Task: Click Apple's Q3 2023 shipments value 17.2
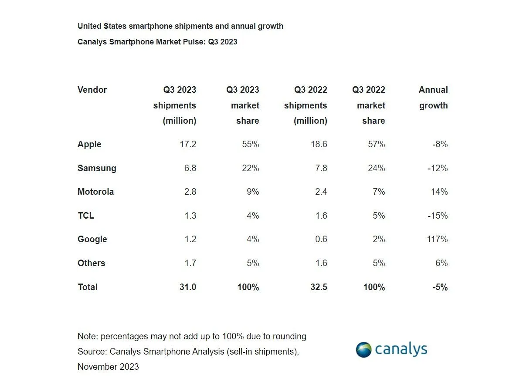pos(188,144)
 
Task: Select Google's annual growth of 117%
pos(437,239)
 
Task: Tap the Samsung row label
pos(97,168)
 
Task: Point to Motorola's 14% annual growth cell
pos(439,192)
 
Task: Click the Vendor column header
pos(92,90)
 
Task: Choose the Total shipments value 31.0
pos(187,287)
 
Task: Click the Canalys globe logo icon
pos(363,350)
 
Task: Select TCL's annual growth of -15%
pos(437,216)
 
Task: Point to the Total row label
pos(88,287)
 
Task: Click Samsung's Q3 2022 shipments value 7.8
pos(321,168)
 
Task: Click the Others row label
pos(91,263)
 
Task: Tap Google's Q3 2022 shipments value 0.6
pos(321,239)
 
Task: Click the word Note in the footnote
pos(87,336)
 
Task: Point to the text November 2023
pos(108,367)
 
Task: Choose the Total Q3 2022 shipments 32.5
pos(318,287)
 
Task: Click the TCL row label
pos(86,216)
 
